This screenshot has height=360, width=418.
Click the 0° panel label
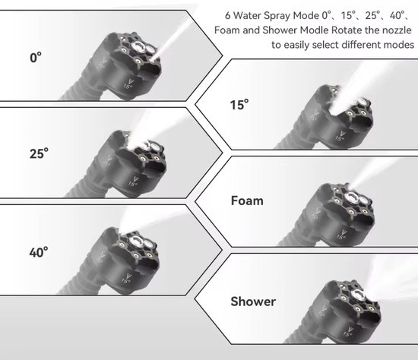36,58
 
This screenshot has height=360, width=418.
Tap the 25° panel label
39,153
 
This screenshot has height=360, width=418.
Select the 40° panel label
39,252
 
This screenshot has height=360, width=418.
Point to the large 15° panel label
239,105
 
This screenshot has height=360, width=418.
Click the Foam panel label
247,201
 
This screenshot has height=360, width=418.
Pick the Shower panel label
253,302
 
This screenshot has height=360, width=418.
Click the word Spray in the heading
277,16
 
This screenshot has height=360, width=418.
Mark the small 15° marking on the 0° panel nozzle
128,87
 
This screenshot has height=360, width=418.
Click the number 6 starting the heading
227,15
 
